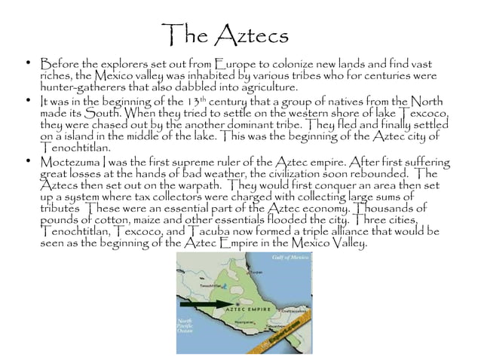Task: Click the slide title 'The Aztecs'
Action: (225, 36)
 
